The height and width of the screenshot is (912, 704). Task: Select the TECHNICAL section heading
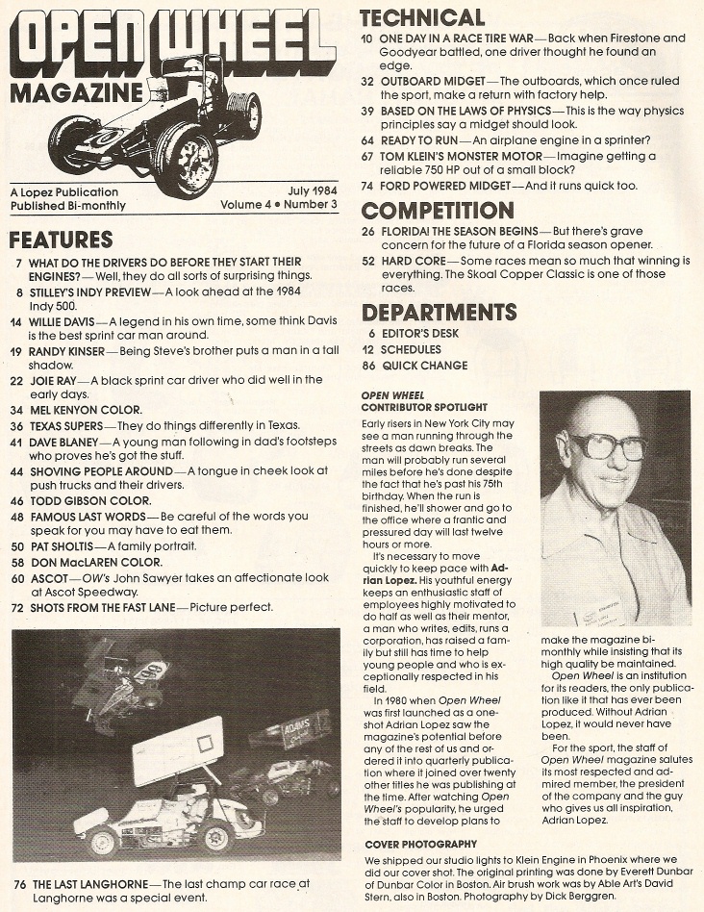[x=422, y=17]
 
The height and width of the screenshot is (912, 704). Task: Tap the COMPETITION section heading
[x=438, y=211]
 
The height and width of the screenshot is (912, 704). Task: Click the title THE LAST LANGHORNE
[x=90, y=883]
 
